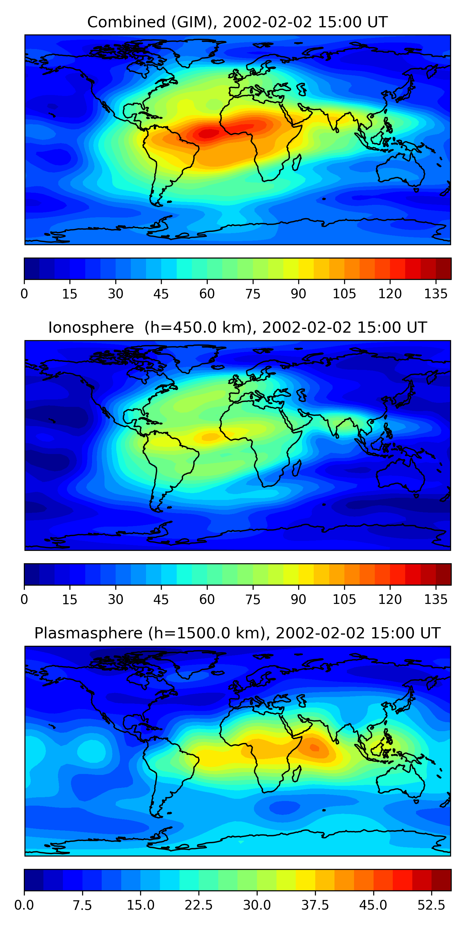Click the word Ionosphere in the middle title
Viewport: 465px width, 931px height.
(x=91, y=328)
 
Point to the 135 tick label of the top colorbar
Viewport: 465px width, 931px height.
(x=436, y=294)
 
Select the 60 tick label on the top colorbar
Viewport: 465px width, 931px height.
(x=207, y=294)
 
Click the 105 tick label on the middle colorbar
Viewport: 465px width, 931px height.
(x=344, y=600)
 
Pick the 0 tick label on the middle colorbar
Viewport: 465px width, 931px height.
(x=24, y=600)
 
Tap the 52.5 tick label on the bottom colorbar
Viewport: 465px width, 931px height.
(x=432, y=905)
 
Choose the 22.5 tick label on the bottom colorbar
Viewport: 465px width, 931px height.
(x=199, y=905)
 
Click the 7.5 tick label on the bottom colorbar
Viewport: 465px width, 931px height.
(x=82, y=905)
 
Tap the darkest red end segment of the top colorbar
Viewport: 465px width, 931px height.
(x=444, y=268)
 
